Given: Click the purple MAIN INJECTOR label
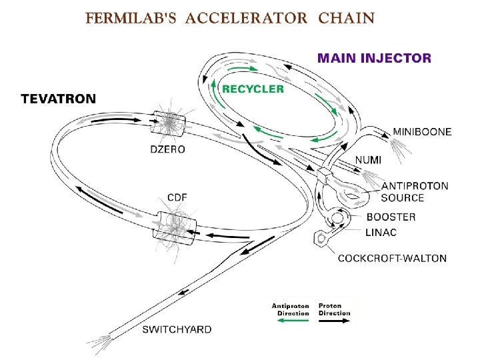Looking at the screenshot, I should pos(374,58).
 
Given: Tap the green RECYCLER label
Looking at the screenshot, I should pos(253,89).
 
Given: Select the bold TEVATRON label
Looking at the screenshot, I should pos(59,99).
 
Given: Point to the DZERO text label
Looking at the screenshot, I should pos(167,149).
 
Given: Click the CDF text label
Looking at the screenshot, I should pos(177,197).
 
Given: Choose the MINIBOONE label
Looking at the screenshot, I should pos(421,132).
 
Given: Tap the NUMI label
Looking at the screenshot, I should pos(368,160).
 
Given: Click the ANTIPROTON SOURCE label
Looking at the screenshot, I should pos(415,192).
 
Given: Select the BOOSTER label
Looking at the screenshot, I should pos(391,217).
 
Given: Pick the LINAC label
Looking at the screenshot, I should pos(381,232).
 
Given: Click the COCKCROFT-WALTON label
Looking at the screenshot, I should pos(393,258).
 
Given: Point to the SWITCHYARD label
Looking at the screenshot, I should pos(177,329).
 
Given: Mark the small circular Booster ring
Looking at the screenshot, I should pos(339,218).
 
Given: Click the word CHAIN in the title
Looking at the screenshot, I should pos(346,18).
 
